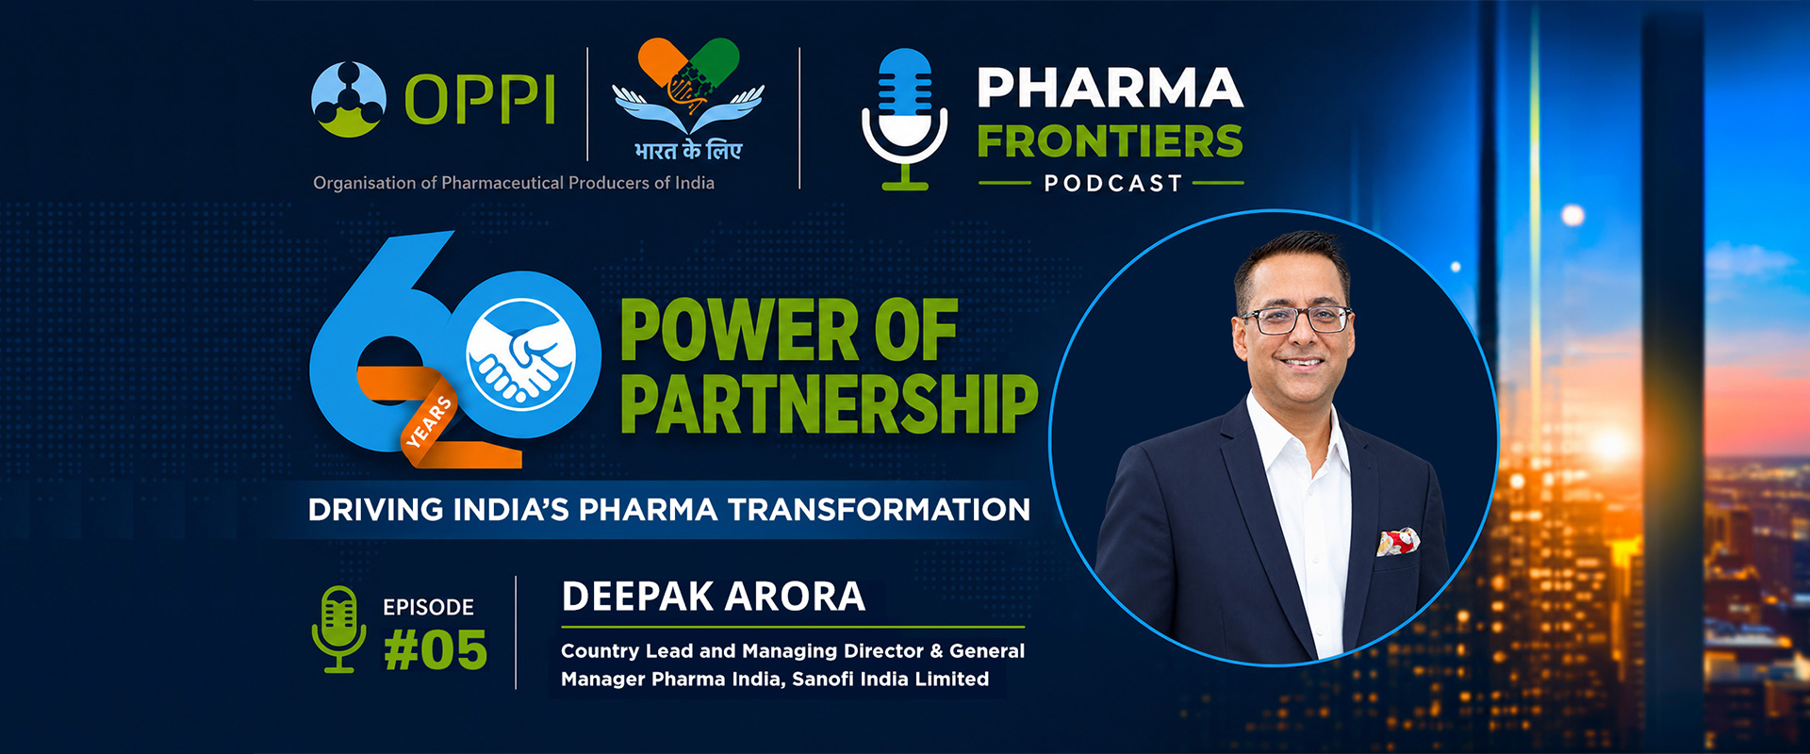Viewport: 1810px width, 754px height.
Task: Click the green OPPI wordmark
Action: pyautogui.click(x=480, y=99)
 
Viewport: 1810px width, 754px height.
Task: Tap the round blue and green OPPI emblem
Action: pyautogui.click(x=348, y=99)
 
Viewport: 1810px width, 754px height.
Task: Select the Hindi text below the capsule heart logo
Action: pyautogui.click(x=688, y=149)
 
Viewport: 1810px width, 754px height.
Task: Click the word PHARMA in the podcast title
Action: pyautogui.click(x=1110, y=88)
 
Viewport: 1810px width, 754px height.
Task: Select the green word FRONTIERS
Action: pyautogui.click(x=1110, y=141)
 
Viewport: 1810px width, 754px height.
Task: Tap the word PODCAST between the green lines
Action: pyautogui.click(x=1112, y=183)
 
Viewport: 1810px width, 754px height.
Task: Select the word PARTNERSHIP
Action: pyautogui.click(x=829, y=403)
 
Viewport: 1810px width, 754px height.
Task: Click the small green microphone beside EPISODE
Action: pyautogui.click(x=339, y=629)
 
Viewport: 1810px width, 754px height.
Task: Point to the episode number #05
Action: pyautogui.click(x=436, y=650)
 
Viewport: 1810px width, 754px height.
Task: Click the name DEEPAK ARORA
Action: pyautogui.click(x=714, y=597)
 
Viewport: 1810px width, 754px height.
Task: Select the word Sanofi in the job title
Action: pyautogui.click(x=823, y=679)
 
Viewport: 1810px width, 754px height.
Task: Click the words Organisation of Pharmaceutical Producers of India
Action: pyautogui.click(x=514, y=183)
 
